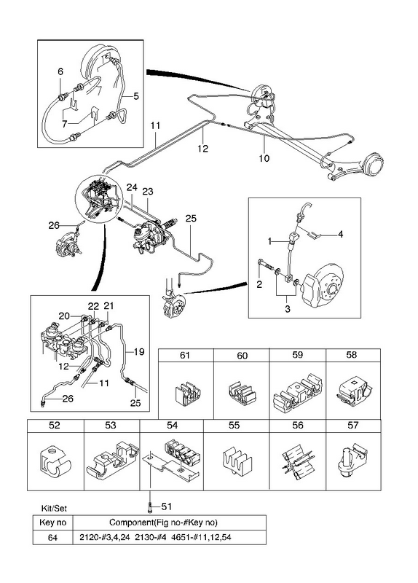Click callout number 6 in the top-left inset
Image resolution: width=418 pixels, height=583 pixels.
pyautogui.click(x=60, y=71)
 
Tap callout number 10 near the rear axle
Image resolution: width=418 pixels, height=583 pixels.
pyautogui.click(x=264, y=158)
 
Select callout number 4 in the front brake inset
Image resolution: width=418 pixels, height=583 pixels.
pyautogui.click(x=340, y=234)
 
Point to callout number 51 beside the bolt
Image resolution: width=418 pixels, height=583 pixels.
pyautogui.click(x=167, y=506)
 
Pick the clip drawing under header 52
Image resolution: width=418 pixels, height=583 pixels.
pyautogui.click(x=55, y=462)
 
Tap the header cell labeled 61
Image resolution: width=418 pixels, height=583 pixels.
pyautogui.click(x=186, y=355)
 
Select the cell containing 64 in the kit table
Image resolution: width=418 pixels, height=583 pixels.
pyautogui.click(x=52, y=537)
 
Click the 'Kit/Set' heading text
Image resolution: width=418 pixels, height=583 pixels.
pyautogui.click(x=54, y=508)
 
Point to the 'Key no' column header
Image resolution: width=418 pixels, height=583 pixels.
pyautogui.click(x=52, y=523)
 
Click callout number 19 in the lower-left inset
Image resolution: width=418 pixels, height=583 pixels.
pyautogui.click(x=138, y=351)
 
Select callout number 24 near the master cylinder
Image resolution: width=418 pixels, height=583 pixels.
pyautogui.click(x=132, y=187)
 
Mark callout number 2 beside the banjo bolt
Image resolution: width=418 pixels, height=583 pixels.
pyautogui.click(x=259, y=284)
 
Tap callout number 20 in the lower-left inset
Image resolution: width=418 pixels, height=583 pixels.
pyautogui.click(x=64, y=316)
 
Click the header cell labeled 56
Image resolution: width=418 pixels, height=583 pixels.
pyautogui.click(x=298, y=426)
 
